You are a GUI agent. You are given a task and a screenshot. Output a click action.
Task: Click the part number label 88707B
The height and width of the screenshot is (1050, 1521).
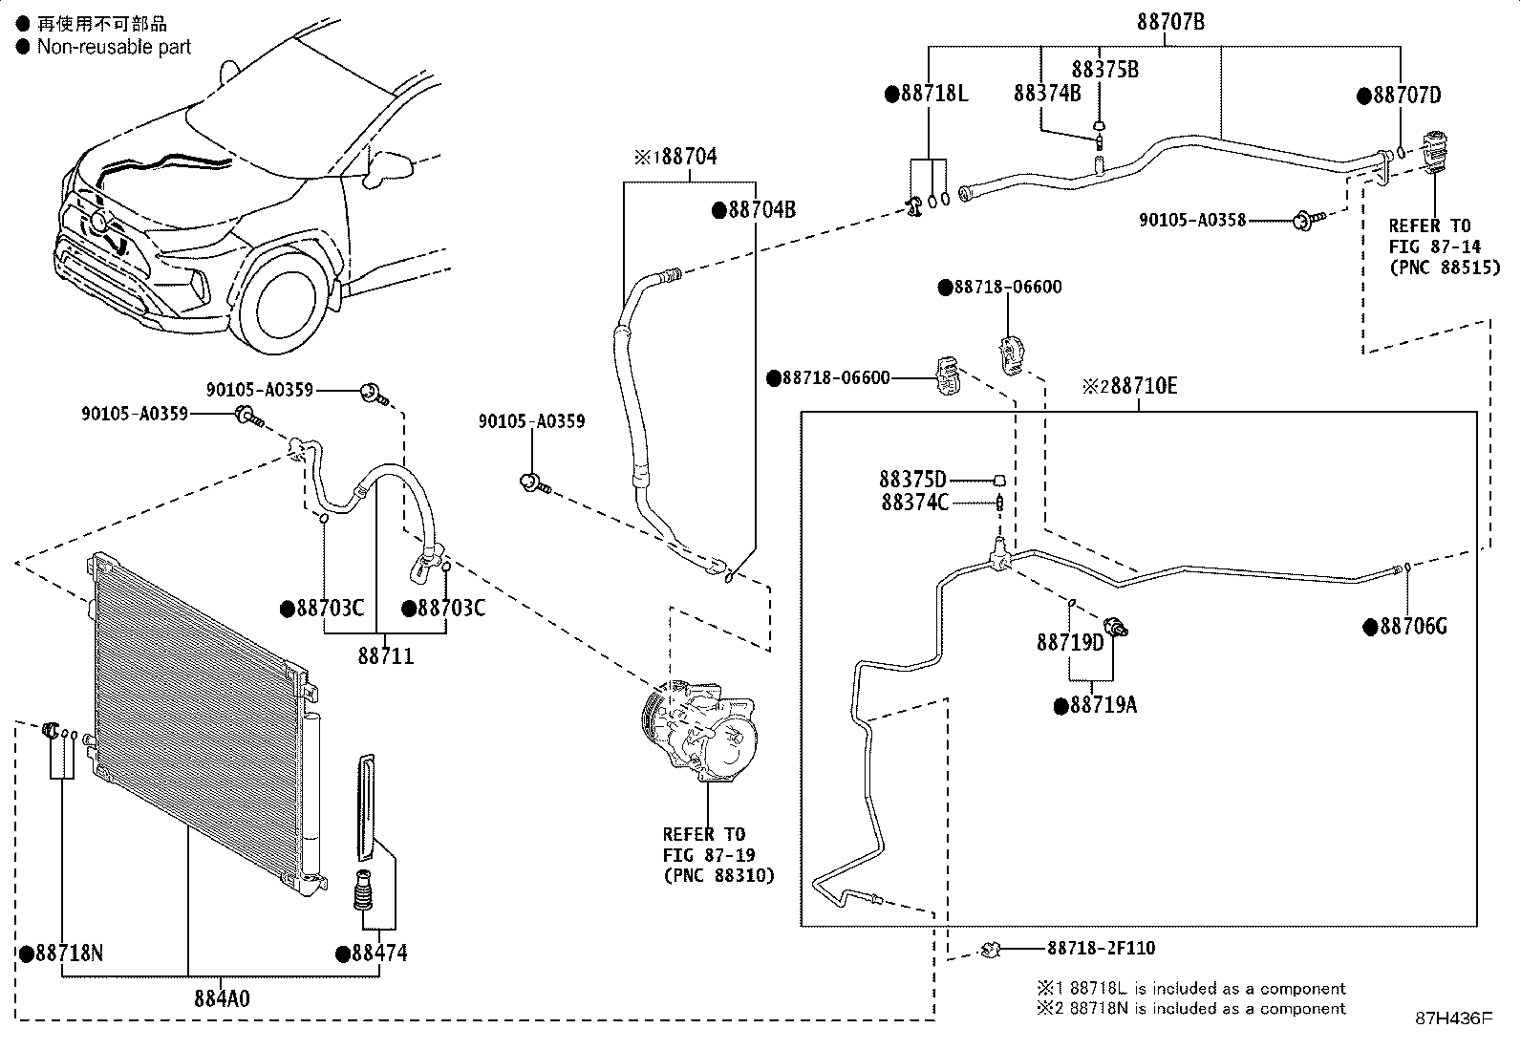click(1170, 21)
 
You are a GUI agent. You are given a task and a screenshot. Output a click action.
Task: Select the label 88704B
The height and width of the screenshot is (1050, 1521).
click(760, 210)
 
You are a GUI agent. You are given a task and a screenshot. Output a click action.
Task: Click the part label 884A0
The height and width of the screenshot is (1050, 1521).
click(222, 999)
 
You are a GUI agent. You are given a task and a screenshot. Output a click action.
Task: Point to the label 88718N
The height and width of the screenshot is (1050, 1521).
click(69, 954)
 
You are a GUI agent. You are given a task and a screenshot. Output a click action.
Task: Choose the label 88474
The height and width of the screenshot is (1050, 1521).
click(378, 954)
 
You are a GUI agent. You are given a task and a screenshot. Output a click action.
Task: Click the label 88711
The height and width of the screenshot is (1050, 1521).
click(386, 656)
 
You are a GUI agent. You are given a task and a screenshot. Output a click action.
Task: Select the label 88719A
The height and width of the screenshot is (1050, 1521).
click(1102, 706)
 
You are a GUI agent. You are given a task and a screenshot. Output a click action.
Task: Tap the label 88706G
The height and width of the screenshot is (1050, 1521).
click(1411, 627)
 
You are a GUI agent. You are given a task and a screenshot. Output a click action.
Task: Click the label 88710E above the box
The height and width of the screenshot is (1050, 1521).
click(1143, 386)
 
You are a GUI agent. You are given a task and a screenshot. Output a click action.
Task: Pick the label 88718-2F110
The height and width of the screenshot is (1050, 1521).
click(1101, 948)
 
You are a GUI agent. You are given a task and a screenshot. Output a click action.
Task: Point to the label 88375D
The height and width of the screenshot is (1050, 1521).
click(912, 479)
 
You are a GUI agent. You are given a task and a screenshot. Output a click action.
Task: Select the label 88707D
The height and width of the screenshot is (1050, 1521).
click(1406, 96)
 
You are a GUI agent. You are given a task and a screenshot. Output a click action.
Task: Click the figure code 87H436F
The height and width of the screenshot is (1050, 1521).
click(1453, 1018)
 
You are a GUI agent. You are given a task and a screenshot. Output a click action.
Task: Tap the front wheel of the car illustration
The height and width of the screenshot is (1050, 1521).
click(289, 306)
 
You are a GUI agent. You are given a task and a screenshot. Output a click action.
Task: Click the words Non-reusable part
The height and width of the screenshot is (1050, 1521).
click(114, 47)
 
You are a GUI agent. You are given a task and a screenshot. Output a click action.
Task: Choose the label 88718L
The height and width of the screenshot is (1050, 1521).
click(932, 94)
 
